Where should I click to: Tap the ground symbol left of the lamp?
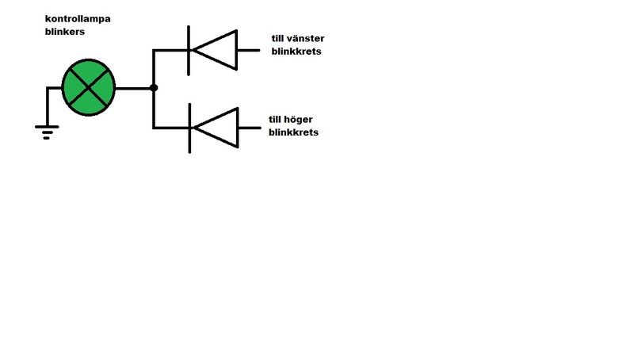(x=47, y=130)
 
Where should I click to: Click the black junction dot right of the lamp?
(x=154, y=87)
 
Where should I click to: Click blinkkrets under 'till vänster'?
(x=295, y=52)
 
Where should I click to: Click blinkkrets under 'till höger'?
(x=293, y=132)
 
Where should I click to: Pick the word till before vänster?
(x=278, y=38)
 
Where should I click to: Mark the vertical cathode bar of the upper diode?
(x=189, y=50)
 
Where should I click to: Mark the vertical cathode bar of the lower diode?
(x=189, y=128)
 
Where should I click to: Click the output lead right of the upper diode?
(x=249, y=50)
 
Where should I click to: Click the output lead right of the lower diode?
(x=249, y=128)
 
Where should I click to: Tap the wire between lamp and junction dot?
(x=133, y=87)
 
